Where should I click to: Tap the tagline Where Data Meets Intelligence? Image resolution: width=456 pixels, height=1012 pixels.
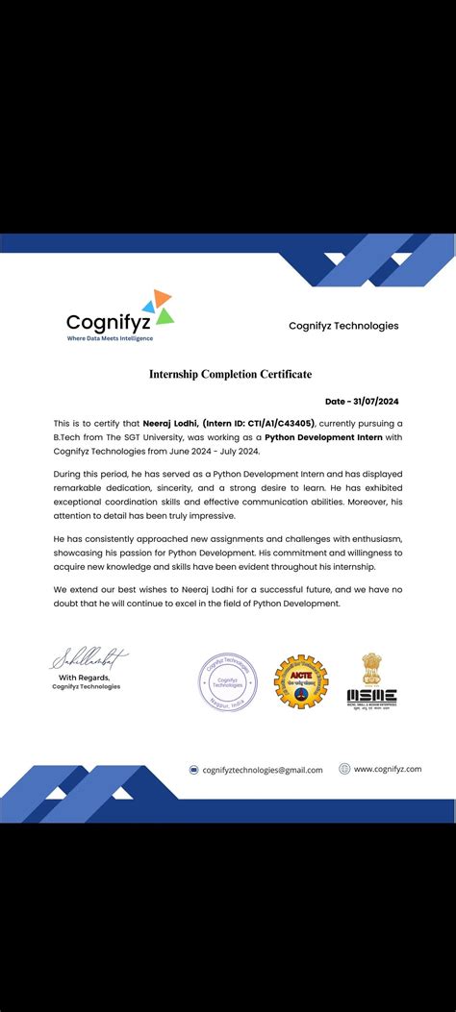(x=110, y=338)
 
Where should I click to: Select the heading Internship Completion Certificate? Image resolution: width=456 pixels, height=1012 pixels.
(x=230, y=374)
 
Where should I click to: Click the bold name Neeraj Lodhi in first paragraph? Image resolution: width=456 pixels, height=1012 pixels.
(x=168, y=424)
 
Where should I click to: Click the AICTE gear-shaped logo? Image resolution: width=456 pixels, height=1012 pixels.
(x=299, y=681)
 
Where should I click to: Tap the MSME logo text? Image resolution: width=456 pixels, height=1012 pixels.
(x=371, y=697)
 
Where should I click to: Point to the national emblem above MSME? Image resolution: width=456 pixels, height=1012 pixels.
(x=371, y=668)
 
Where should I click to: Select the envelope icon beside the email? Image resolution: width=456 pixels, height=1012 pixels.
(x=194, y=770)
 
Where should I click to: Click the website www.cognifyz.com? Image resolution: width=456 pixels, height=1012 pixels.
(x=388, y=769)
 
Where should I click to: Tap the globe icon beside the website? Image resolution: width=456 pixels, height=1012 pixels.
(x=344, y=769)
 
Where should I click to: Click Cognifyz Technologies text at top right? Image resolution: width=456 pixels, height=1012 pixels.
(x=343, y=326)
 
